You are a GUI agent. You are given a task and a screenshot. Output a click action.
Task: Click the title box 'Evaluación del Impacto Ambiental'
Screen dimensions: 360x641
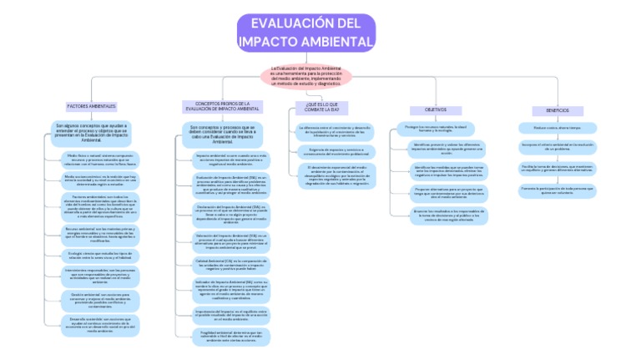tap(305, 33)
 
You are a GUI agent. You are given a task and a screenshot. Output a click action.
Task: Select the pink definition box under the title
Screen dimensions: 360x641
tap(305, 76)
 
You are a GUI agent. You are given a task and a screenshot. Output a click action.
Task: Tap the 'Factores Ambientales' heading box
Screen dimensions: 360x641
tap(91, 106)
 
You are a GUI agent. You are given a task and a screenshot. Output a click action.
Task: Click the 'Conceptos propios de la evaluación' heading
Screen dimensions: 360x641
tap(222, 106)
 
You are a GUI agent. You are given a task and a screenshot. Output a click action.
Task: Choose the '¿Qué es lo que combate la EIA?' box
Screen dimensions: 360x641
tap(322, 107)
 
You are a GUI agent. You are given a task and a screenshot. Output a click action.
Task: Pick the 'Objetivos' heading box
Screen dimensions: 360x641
tap(436, 109)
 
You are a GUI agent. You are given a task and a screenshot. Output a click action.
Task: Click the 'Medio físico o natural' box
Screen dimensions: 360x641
tap(102, 160)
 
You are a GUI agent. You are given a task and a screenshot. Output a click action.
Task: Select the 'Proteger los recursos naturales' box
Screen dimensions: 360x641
tap(436, 129)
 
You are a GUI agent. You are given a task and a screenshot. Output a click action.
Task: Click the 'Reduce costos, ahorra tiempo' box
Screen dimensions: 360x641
tap(557, 128)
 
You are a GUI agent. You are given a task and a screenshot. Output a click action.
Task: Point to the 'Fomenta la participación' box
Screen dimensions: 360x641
tap(557, 190)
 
